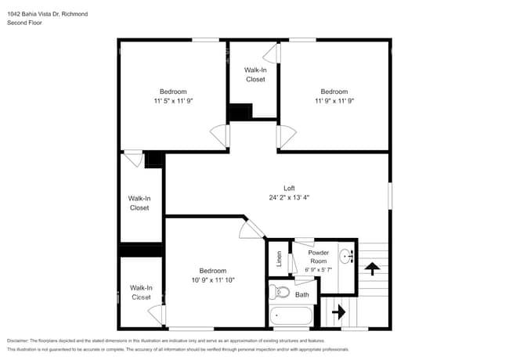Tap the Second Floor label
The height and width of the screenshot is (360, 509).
tap(24, 23)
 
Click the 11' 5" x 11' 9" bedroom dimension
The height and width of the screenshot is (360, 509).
tap(173, 100)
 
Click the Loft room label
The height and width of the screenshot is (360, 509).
tap(289, 188)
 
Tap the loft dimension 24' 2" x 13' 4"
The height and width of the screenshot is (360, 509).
tap(289, 197)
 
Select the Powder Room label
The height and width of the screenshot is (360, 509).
tap(318, 257)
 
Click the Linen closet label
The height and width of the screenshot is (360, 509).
tap(278, 258)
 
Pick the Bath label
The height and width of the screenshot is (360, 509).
tap(302, 294)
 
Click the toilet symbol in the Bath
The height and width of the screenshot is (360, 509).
tap(278, 293)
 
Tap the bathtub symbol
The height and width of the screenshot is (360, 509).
tap(291, 318)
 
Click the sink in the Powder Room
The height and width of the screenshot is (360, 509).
tap(346, 254)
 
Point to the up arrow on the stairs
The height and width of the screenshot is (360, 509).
tap(372, 268)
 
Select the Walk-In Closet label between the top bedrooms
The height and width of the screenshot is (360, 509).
tap(255, 74)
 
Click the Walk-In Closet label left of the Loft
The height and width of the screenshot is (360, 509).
tap(139, 203)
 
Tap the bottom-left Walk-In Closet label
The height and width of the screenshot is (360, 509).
tap(141, 293)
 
